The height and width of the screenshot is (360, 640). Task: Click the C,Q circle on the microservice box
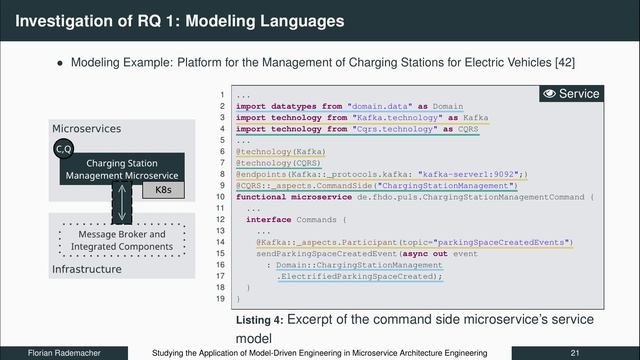tap(63, 150)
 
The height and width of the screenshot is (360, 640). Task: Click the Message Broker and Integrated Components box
tap(119, 240)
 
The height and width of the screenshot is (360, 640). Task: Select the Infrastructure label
tap(86, 269)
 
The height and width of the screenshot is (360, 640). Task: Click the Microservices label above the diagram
tap(86, 129)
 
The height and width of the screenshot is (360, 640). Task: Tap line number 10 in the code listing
tap(220, 197)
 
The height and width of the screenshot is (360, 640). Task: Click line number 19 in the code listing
tap(220, 299)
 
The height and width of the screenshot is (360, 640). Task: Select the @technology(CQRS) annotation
tap(264, 162)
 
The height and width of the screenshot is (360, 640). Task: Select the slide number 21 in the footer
tap(575, 353)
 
